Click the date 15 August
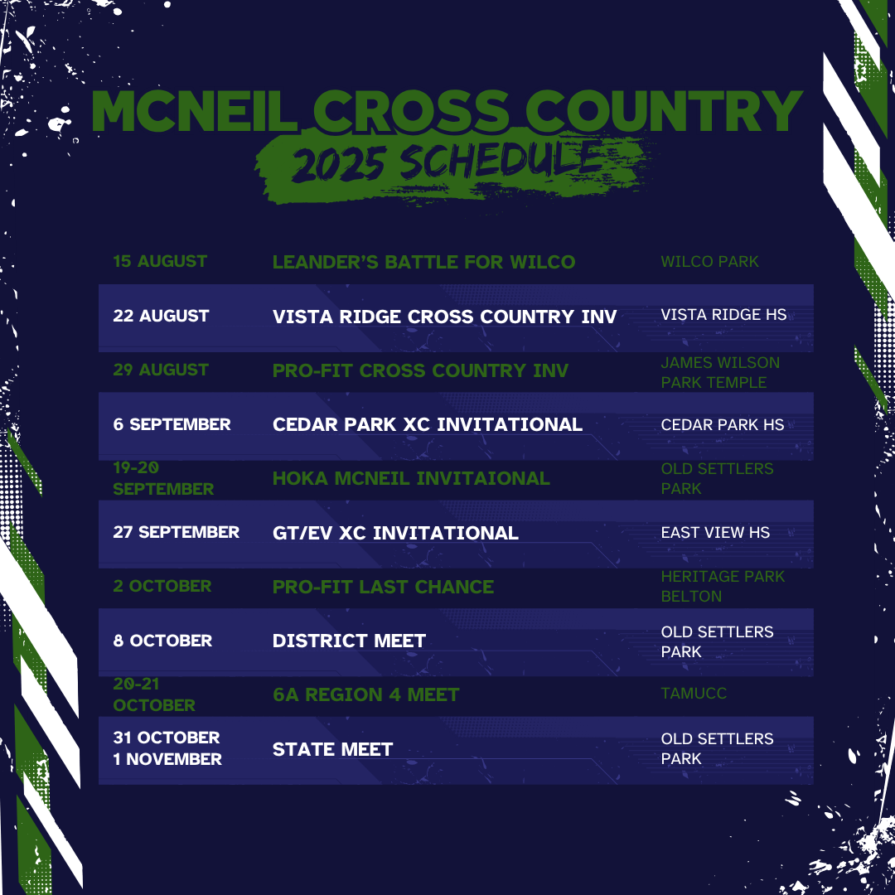click(160, 261)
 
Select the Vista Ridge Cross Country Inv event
click(445, 317)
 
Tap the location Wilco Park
click(709, 261)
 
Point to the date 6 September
click(172, 424)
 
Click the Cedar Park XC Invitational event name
click(428, 424)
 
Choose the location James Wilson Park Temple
click(720, 373)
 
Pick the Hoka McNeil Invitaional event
click(411, 478)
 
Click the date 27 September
click(176, 532)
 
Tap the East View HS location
click(715, 533)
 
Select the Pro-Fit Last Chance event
click(383, 587)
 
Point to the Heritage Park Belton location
click(723, 586)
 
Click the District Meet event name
click(349, 641)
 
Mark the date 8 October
click(162, 641)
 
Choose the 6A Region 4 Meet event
click(366, 694)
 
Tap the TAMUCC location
click(694, 694)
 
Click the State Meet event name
click(333, 749)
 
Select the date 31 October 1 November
click(167, 748)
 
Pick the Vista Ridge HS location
click(723, 315)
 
